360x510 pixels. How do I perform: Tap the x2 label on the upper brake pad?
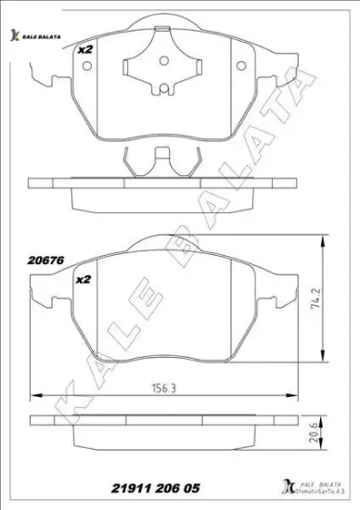click(x=85, y=50)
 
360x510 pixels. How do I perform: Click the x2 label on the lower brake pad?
click(x=83, y=278)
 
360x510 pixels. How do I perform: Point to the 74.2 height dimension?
click(x=315, y=304)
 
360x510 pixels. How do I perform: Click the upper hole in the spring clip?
click(x=165, y=61)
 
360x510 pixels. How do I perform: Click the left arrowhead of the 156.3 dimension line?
click(x=34, y=390)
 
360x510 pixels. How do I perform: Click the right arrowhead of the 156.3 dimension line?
click(x=295, y=390)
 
